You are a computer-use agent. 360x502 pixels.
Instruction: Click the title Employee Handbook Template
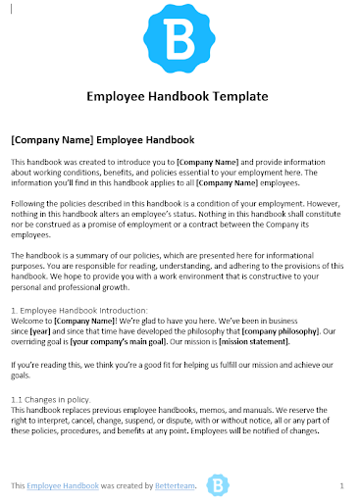point(178,97)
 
